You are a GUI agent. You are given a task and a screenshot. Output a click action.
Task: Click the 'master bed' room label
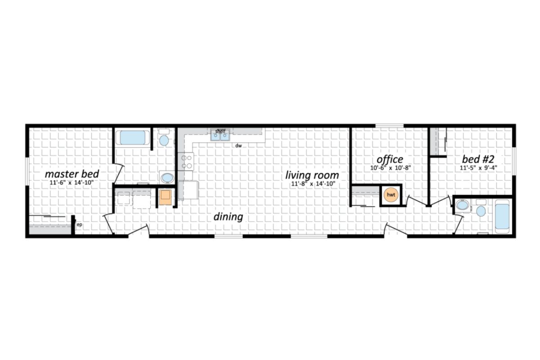(72, 173)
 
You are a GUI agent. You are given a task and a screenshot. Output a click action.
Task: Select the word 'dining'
(228, 217)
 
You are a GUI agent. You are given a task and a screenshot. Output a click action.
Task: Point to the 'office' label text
(390, 159)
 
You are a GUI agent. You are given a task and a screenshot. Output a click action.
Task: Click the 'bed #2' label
(478, 159)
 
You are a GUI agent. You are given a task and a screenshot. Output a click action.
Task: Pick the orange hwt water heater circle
(391, 195)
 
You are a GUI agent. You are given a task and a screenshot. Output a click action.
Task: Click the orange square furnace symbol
(165, 197)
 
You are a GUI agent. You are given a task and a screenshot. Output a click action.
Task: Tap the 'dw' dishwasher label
(238, 146)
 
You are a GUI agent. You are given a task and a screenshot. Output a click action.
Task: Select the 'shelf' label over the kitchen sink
(220, 131)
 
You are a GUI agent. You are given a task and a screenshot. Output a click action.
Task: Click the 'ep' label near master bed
(79, 224)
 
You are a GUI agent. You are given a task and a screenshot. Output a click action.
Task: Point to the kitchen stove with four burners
(186, 162)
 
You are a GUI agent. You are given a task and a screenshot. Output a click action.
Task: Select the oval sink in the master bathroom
(167, 178)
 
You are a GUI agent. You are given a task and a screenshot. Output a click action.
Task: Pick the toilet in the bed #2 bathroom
(481, 210)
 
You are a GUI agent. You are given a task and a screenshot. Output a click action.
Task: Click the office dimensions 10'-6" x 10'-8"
(390, 168)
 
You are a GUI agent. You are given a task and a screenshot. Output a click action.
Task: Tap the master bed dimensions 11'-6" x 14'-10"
(72, 183)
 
